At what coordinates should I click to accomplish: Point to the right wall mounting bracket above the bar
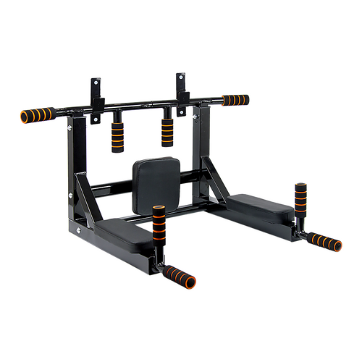click(x=178, y=85)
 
